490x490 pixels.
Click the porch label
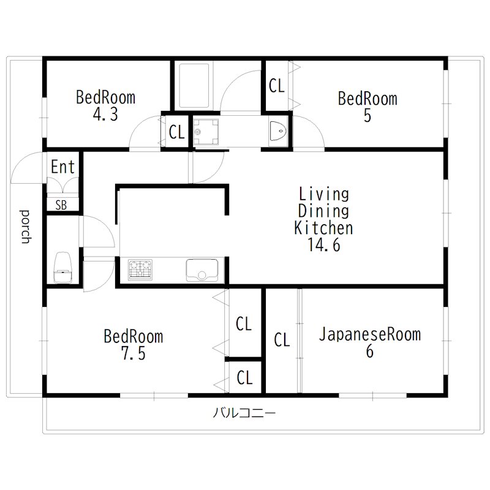click(25, 226)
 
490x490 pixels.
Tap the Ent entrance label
click(62, 167)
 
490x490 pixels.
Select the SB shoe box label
click(61, 205)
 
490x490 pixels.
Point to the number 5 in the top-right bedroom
click(367, 116)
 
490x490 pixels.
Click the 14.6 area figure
click(323, 245)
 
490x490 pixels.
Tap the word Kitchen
click(323, 228)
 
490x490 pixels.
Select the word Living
click(323, 195)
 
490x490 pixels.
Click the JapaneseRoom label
click(369, 334)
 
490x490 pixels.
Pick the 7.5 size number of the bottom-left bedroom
click(133, 354)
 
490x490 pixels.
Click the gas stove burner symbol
click(141, 270)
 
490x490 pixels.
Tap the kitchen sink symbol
click(202, 270)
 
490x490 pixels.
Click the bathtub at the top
click(193, 86)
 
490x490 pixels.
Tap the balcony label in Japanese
click(244, 413)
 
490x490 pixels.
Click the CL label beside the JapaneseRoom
click(282, 340)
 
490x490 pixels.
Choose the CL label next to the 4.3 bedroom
click(177, 132)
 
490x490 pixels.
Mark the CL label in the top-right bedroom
click(277, 86)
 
